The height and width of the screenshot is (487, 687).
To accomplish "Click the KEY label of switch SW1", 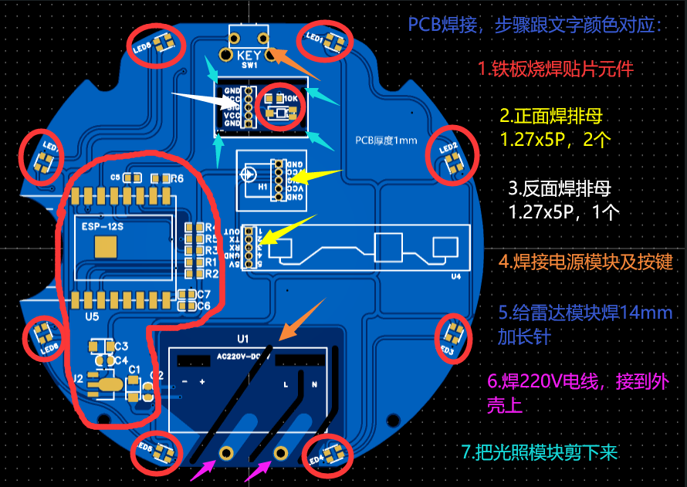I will [x=249, y=56].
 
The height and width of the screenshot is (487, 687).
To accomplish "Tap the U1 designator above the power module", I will [x=243, y=339].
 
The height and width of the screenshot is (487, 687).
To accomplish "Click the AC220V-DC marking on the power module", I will [x=246, y=356].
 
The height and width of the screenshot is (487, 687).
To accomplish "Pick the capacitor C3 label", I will [x=121, y=347].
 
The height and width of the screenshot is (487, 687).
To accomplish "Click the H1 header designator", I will [x=262, y=186].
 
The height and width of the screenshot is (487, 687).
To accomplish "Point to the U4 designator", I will [x=455, y=276].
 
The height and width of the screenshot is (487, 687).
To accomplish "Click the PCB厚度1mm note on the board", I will [x=386, y=140].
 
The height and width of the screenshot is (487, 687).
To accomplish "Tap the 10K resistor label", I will [x=291, y=99].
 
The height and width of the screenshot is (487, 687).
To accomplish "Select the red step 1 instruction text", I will [x=555, y=69].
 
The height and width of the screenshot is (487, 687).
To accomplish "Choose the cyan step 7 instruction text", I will [x=540, y=453].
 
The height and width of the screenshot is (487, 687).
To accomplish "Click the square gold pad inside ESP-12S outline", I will [x=105, y=246].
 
